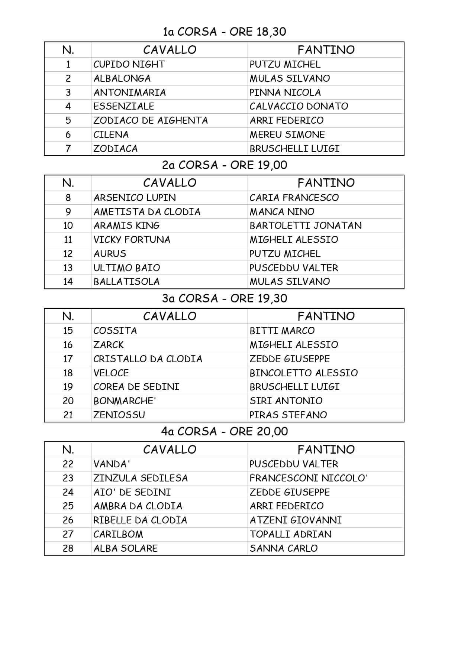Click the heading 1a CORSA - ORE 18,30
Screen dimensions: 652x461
click(x=224, y=32)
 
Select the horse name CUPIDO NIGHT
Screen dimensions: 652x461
click(x=129, y=64)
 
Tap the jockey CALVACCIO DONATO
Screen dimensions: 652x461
click(x=299, y=106)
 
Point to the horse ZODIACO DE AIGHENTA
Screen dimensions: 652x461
click(x=150, y=120)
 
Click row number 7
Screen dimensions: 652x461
click(x=68, y=149)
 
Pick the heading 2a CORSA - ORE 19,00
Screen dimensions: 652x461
click(x=224, y=165)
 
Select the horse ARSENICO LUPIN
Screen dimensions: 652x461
click(x=135, y=198)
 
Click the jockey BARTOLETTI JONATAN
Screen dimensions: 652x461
click(x=305, y=226)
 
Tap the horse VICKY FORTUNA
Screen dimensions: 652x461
click(x=132, y=240)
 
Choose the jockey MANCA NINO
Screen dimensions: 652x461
click(x=282, y=212)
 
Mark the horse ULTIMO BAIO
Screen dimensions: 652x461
click(x=126, y=268)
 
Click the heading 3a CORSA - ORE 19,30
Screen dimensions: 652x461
click(x=224, y=298)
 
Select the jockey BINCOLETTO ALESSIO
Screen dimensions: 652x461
click(x=303, y=373)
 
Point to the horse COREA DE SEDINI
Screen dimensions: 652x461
click(x=136, y=387)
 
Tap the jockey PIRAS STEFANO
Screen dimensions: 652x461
click(x=288, y=415)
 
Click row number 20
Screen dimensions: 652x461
click(x=68, y=401)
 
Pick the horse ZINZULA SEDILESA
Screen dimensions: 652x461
click(x=140, y=478)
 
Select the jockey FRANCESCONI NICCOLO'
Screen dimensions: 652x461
click(x=308, y=478)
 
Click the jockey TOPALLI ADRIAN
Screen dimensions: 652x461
click(x=290, y=534)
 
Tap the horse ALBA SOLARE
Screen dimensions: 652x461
click(x=125, y=548)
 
